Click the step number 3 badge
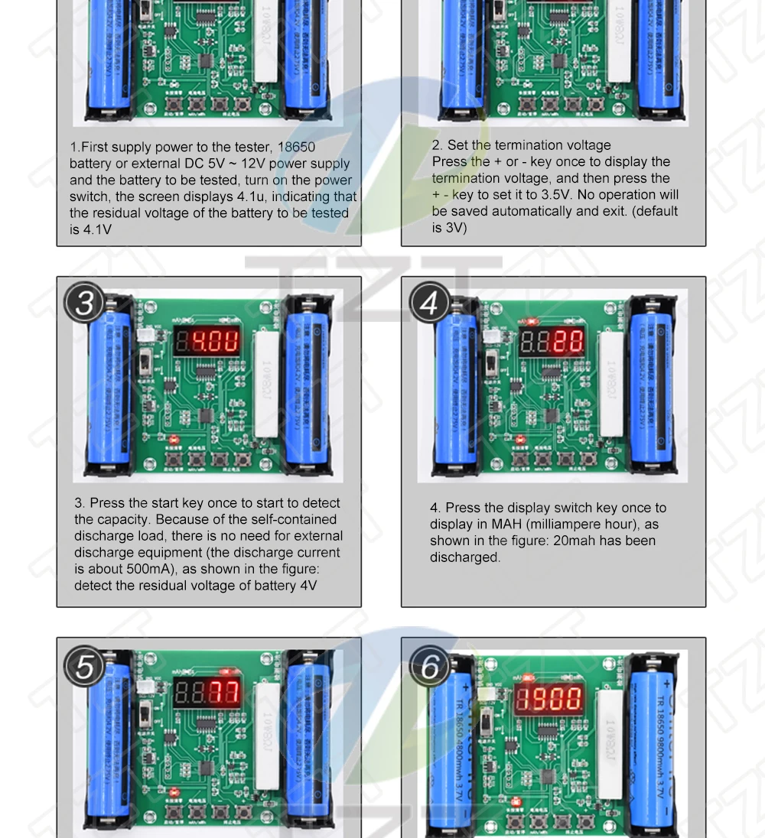pyautogui.click(x=84, y=304)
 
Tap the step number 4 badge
pyautogui.click(x=429, y=304)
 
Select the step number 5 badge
pyautogui.click(x=84, y=666)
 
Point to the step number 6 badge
pyautogui.click(x=430, y=667)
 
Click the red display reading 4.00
pyautogui.click(x=207, y=341)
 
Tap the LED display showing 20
pyautogui.click(x=552, y=341)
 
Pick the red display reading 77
pyautogui.click(x=207, y=693)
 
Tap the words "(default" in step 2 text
pyautogui.click(x=655, y=211)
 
